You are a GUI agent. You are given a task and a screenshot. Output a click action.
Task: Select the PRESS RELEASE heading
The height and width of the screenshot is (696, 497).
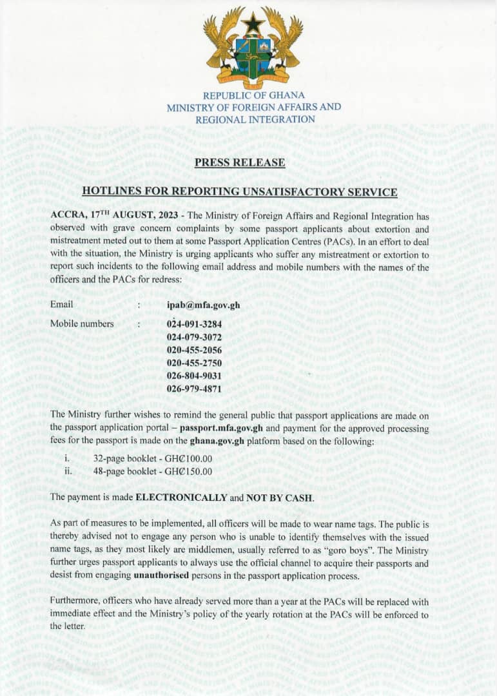coord(240,162)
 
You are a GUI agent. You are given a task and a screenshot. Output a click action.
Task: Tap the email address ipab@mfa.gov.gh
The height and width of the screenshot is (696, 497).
coord(203,305)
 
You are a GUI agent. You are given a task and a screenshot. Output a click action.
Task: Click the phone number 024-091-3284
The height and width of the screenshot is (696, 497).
coord(194,324)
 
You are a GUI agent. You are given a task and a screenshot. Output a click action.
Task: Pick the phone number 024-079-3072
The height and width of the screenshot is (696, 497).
coord(194,337)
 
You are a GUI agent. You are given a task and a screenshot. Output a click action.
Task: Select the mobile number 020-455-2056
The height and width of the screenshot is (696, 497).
coord(194,350)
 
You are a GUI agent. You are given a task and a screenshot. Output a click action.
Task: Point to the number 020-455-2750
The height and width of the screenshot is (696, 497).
coord(194,363)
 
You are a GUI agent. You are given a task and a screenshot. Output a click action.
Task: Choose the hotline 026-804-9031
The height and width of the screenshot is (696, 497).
coord(194,376)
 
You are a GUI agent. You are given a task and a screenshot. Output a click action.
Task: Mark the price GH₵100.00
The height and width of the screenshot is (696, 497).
coord(188,459)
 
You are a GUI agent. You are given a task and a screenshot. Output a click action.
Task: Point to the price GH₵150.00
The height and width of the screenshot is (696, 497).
coord(188,471)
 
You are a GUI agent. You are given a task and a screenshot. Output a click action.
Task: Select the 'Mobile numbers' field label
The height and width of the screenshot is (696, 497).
coord(82,324)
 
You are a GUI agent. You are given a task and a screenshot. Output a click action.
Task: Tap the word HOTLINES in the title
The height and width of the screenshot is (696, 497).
coord(113,191)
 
